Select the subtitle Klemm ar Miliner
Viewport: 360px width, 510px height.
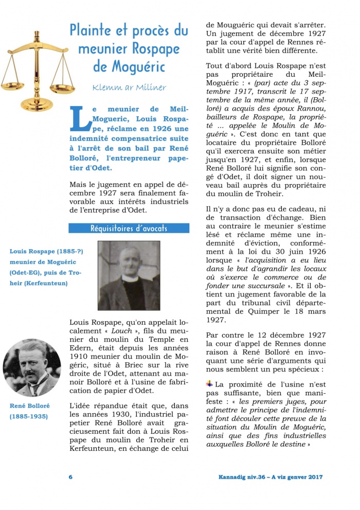pos(129,87)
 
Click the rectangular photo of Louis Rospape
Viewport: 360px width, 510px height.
pos(129,275)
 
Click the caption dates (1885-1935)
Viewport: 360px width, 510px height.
pos(29,416)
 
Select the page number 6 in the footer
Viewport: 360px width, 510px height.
pos(70,477)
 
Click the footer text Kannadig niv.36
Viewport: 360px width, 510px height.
pos(242,477)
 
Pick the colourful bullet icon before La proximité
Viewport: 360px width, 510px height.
pos(209,383)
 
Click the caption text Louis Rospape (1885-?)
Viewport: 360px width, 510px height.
pos(46,251)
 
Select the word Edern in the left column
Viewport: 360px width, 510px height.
pos(80,350)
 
